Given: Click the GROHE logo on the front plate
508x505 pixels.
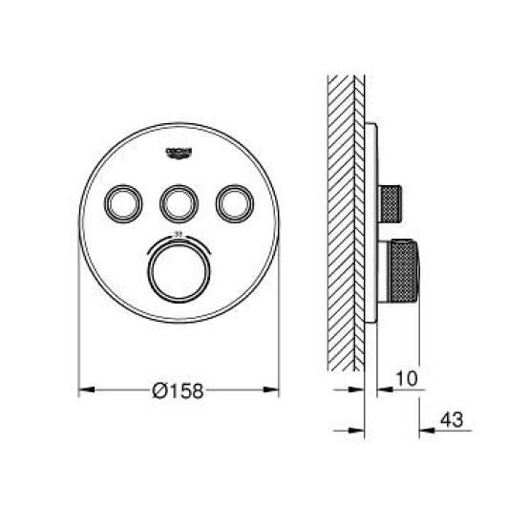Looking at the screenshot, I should coord(178,151).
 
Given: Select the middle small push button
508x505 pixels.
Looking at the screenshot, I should coord(178,203).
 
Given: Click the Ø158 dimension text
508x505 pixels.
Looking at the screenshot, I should coord(180,389).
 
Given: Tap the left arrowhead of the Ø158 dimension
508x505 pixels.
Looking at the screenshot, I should coord(83,389).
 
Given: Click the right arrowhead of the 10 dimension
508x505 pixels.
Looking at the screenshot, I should coord(375,389).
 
